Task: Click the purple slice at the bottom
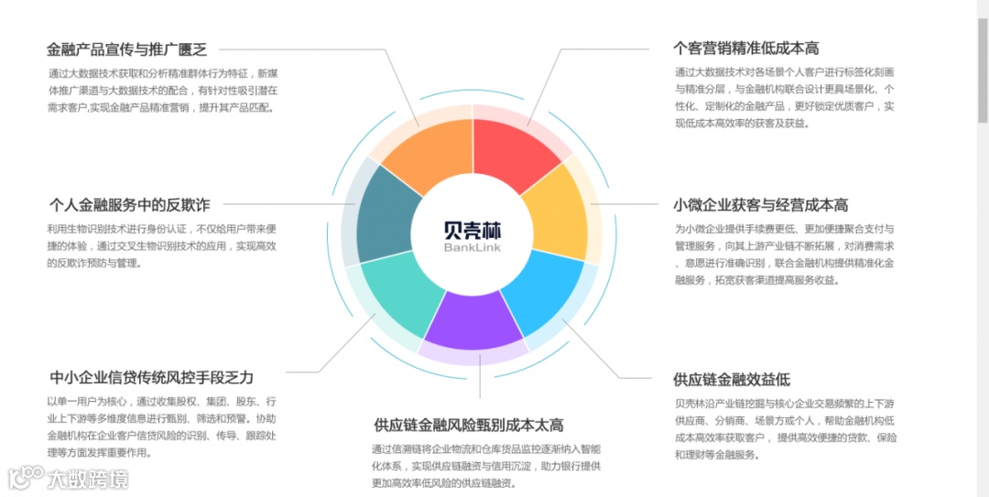pyautogui.click(x=474, y=320)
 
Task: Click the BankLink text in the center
pyautogui.click(x=473, y=248)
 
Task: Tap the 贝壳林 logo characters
pyautogui.click(x=473, y=229)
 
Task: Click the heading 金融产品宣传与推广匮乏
pyautogui.click(x=127, y=49)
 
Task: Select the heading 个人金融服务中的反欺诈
pyautogui.click(x=129, y=204)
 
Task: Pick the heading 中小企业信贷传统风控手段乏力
pyautogui.click(x=151, y=377)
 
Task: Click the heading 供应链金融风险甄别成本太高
pyautogui.click(x=468, y=425)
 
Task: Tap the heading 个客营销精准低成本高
pyautogui.click(x=745, y=49)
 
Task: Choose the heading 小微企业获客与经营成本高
pyautogui.click(x=760, y=205)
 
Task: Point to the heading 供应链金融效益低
pyautogui.click(x=731, y=379)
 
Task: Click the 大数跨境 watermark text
pyautogui.click(x=88, y=478)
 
